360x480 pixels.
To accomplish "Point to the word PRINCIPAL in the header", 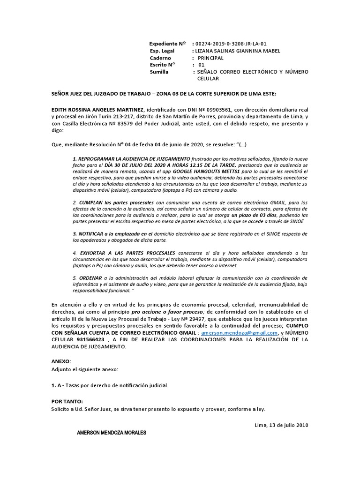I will coord(210,58).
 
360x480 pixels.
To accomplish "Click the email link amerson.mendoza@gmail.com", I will coord(233,332).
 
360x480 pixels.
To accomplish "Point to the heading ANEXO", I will coord(61,361).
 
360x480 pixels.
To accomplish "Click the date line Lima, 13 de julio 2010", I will coord(281,425).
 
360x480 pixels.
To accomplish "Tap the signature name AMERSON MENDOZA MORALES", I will coord(112,433).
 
